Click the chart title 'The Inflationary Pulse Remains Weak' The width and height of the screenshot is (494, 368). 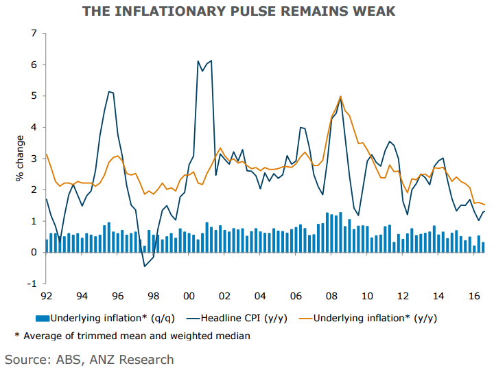(x=248, y=11)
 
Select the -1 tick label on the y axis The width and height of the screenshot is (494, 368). (x=32, y=284)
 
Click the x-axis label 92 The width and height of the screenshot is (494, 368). (x=46, y=297)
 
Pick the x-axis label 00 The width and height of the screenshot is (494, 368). (x=189, y=297)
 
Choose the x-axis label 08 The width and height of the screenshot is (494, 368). (x=331, y=297)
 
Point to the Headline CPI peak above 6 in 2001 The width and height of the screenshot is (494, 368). (x=211, y=60)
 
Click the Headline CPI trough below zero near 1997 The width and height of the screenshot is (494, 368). (x=144, y=266)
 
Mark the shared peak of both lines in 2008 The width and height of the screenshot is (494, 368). (x=340, y=97)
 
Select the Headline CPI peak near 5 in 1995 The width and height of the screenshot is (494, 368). (x=109, y=91)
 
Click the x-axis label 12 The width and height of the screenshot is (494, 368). (x=402, y=297)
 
